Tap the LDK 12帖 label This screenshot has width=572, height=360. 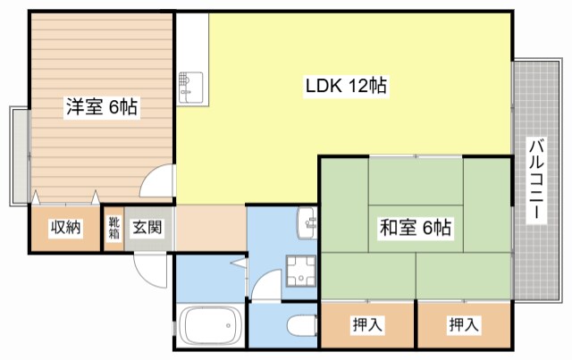[346, 87]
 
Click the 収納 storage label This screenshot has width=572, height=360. [65, 228]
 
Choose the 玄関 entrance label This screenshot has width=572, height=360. [147, 228]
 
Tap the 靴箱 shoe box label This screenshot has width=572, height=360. [114, 228]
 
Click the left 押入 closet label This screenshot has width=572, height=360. [367, 326]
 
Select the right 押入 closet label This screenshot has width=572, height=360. [463, 326]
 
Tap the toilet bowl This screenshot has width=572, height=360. [299, 325]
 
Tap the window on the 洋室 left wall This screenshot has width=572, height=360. [18, 154]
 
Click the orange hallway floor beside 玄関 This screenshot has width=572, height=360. [211, 228]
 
